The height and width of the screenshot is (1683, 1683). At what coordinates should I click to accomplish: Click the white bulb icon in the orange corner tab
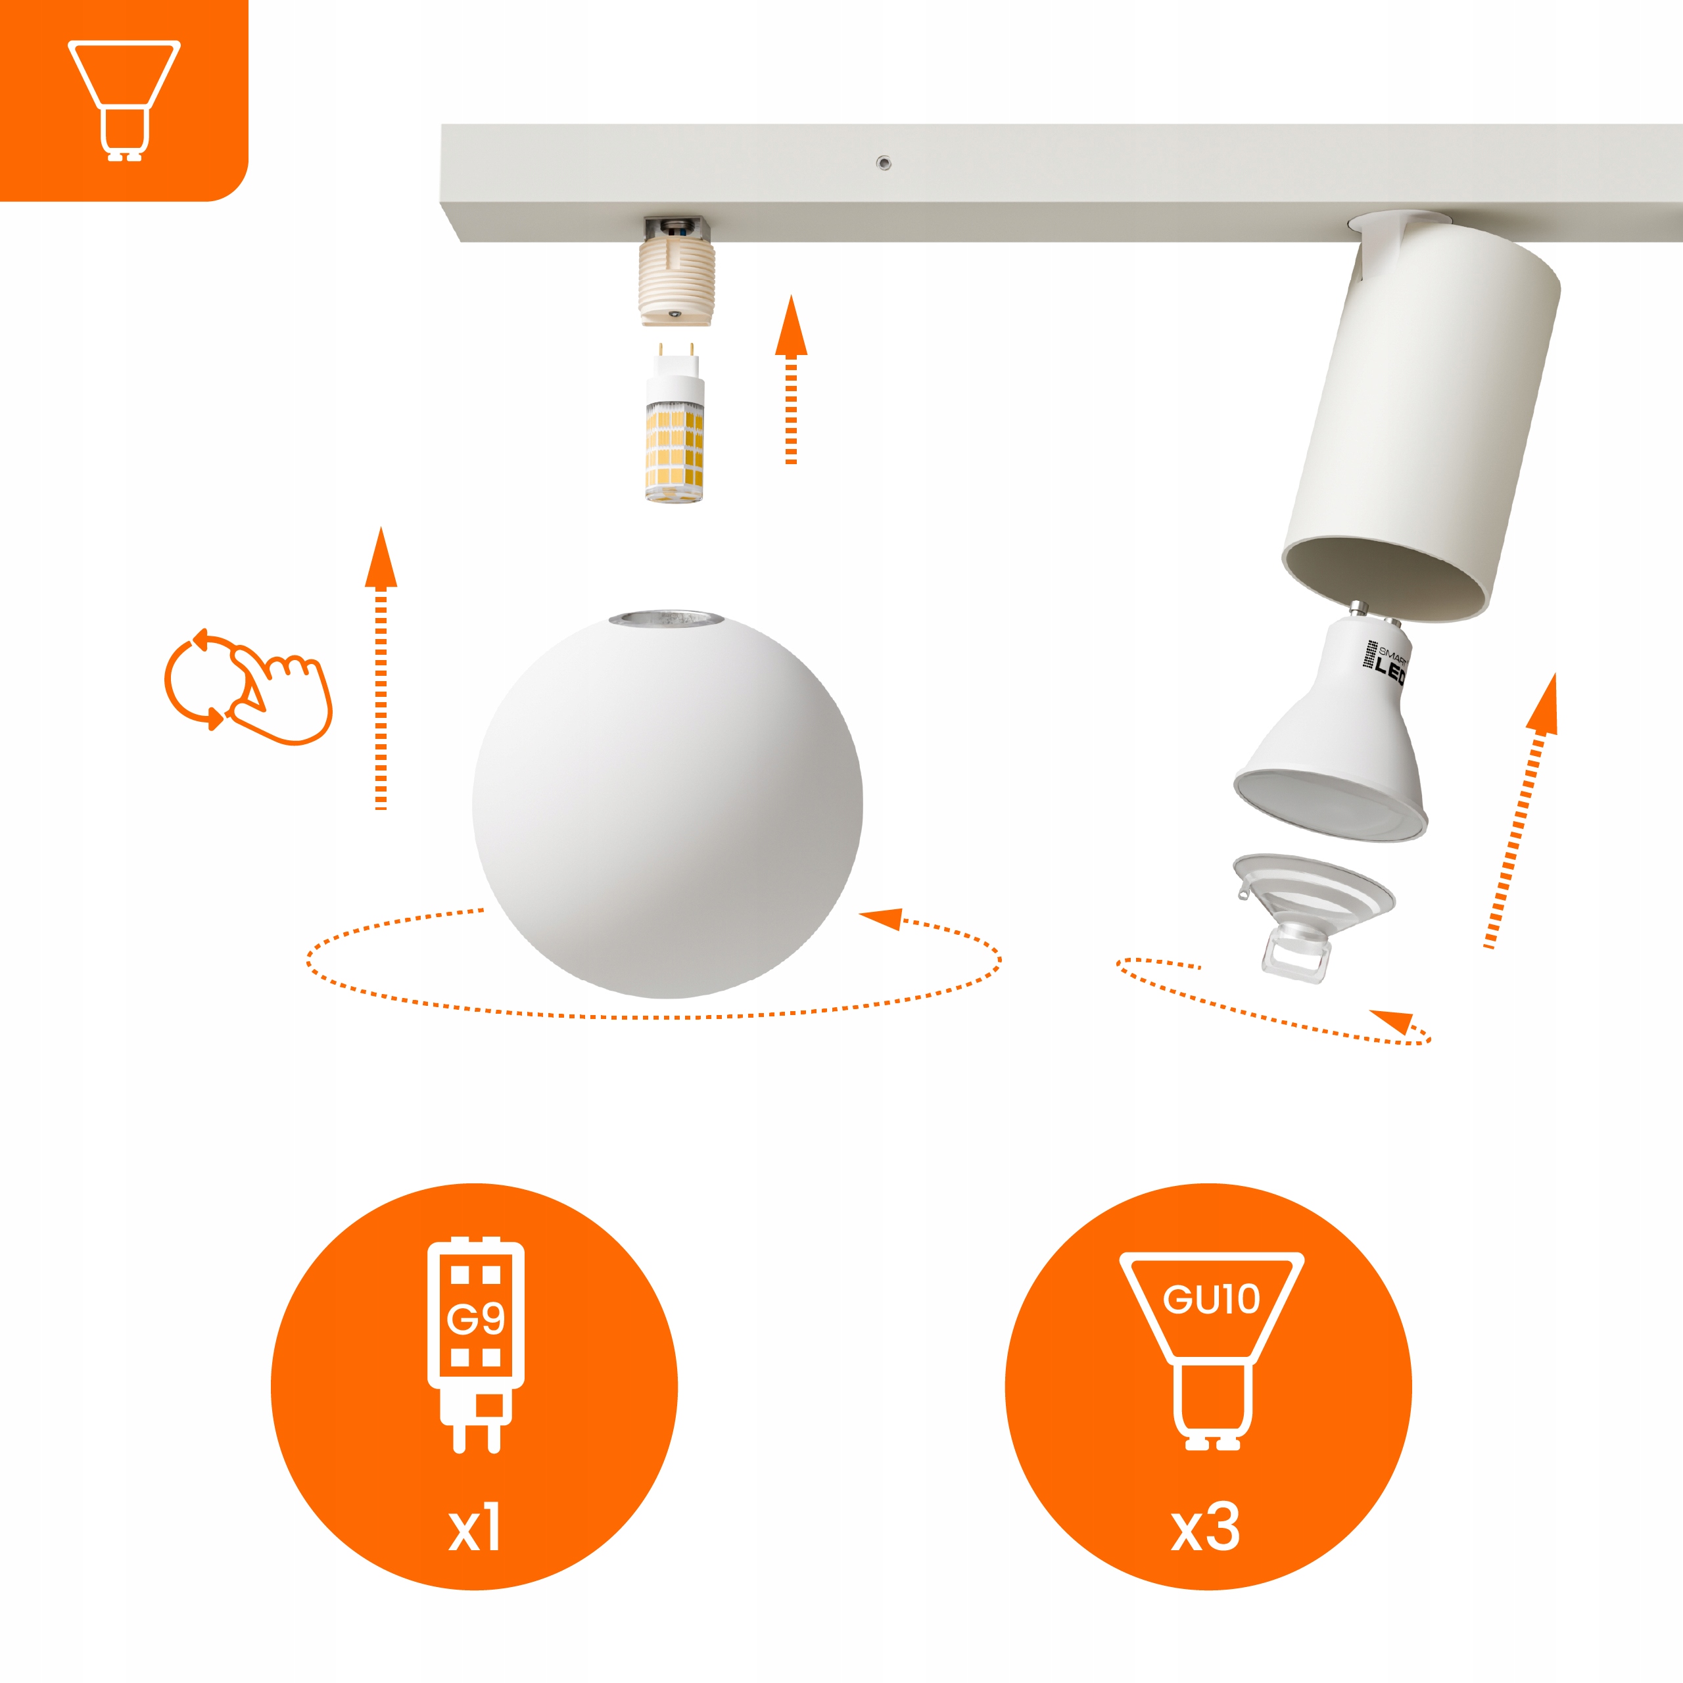coord(124,100)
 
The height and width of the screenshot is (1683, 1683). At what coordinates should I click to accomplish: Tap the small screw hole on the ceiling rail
coord(884,163)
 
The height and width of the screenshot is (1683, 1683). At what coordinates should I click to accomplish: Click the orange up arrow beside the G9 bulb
coord(791,380)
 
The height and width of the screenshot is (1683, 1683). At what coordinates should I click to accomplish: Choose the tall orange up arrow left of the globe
coord(381,668)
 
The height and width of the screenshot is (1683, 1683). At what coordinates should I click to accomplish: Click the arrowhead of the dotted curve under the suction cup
coord(1391,1022)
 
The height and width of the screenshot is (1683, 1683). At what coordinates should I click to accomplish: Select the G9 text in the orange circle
coord(475,1319)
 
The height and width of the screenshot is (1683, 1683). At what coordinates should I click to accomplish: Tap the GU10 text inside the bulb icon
coord(1211,1300)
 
